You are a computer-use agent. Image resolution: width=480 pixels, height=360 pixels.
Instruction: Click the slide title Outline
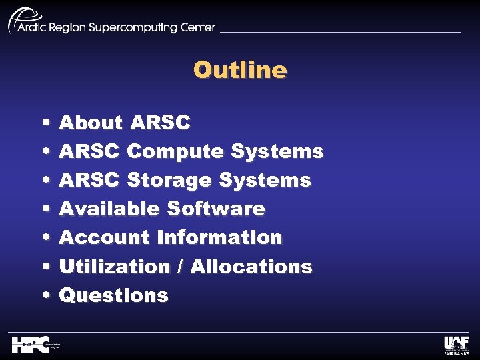[240, 70]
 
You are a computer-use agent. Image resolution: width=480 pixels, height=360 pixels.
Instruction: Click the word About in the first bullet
[91, 123]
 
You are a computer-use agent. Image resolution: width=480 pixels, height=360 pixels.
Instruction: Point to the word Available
[109, 209]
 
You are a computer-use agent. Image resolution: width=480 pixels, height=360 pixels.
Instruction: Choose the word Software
[215, 209]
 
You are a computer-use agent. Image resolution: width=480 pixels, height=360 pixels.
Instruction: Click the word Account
[104, 238]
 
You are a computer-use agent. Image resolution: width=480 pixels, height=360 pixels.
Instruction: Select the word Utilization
[115, 267]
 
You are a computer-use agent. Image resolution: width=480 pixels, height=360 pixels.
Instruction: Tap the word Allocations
[251, 267]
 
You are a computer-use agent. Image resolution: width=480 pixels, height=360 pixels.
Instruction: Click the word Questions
[113, 295]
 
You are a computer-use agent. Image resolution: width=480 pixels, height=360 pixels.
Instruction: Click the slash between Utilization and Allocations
[181, 267]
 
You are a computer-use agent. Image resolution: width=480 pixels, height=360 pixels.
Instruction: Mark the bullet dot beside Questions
[44, 296]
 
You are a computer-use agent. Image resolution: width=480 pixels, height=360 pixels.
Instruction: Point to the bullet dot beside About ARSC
[44, 123]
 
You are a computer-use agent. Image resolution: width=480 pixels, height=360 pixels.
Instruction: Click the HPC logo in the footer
[33, 344]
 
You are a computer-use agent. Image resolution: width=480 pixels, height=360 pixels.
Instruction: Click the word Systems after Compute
[277, 152]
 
